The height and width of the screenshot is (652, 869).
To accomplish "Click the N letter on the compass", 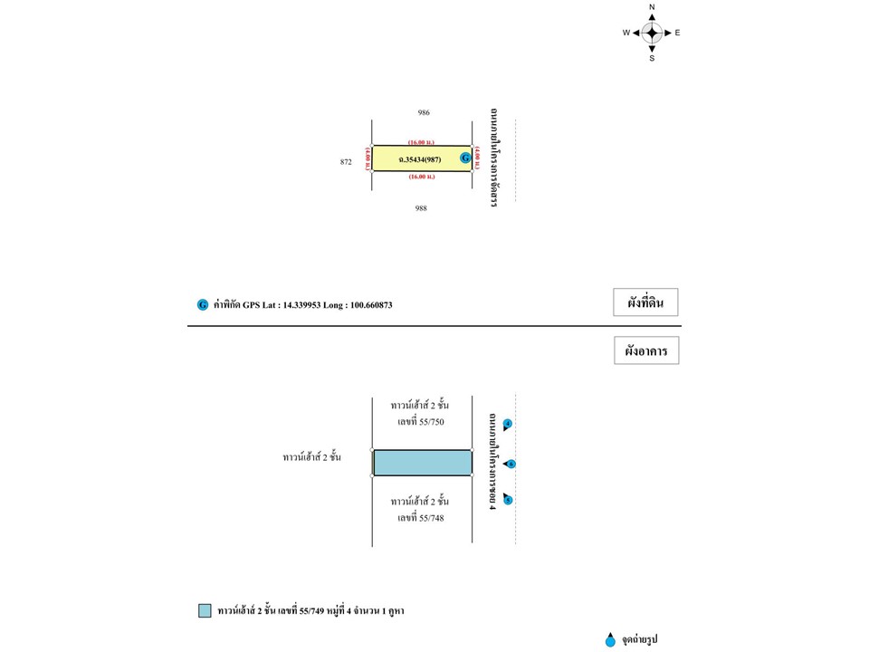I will tap(652, 7).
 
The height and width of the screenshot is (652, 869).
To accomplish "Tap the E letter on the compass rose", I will tap(678, 33).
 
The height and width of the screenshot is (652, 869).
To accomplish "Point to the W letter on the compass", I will tap(625, 33).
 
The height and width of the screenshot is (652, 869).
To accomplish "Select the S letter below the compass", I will tap(652, 58).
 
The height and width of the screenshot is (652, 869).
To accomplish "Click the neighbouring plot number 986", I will tap(424, 113).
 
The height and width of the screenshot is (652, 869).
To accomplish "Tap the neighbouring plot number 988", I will tap(421, 208).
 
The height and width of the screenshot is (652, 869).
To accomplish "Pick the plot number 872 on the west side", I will tap(346, 162).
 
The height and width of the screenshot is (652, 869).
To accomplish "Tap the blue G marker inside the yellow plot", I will tap(465, 158).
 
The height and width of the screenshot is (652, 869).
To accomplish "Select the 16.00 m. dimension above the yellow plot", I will tap(421, 142).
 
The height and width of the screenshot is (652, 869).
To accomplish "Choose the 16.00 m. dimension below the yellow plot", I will tap(421, 177).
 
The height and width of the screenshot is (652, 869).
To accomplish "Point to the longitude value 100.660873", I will tap(369, 305).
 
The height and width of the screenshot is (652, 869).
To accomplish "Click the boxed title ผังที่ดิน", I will tap(645, 303).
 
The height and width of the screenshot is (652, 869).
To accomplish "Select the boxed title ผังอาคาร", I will tap(645, 351).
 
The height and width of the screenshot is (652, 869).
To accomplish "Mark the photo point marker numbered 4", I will tap(508, 424).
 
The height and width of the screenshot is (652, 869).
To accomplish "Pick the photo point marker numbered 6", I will tap(511, 464).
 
